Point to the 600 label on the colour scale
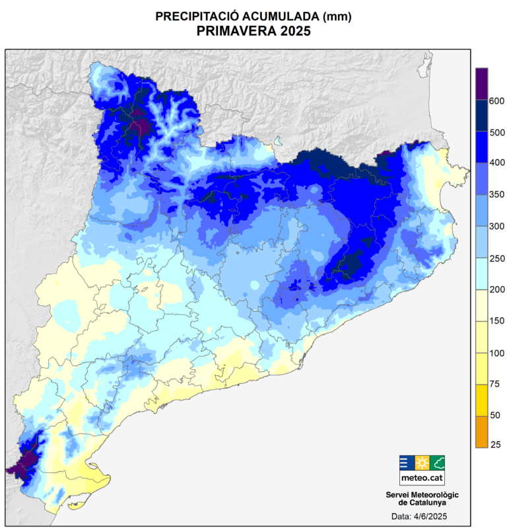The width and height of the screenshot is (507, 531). (x=496, y=100)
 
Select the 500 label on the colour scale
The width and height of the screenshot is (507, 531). (x=496, y=132)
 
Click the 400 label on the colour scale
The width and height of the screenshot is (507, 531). (x=496, y=163)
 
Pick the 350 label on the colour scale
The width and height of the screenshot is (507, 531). (x=496, y=195)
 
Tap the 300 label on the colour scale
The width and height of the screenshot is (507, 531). (x=496, y=227)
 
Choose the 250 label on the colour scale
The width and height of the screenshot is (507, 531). (x=496, y=258)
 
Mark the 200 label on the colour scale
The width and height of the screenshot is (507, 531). (x=496, y=289)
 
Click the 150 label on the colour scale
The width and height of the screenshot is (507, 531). (x=496, y=321)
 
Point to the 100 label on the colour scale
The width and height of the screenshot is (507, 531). (x=496, y=353)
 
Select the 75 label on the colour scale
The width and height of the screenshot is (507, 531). (x=494, y=384)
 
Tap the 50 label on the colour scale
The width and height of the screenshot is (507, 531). (x=494, y=415)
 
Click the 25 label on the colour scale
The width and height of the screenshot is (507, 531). (x=494, y=445)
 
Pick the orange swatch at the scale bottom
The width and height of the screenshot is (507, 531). (x=481, y=432)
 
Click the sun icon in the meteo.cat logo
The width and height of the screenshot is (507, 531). (x=422, y=462)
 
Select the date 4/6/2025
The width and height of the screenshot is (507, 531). (x=432, y=516)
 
